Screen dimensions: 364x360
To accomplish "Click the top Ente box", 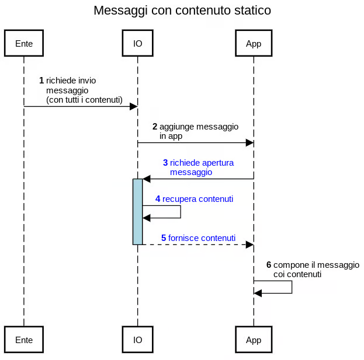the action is [x=24, y=43].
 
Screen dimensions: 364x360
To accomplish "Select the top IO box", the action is [x=138, y=43].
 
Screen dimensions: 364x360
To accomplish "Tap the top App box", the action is [x=254, y=43].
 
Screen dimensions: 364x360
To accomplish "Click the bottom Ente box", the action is [x=24, y=340].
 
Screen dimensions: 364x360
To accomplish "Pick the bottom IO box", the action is [x=138, y=340].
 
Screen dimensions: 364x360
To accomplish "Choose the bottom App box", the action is [x=254, y=340].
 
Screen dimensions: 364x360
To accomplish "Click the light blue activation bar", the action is [x=138, y=212].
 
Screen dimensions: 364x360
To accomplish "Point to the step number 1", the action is [x=41, y=81].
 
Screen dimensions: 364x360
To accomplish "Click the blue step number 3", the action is [x=165, y=163].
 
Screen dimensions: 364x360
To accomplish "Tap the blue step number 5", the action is [x=164, y=238].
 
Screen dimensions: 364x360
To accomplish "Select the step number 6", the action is [x=269, y=265].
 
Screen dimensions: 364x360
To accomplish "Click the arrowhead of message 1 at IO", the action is [x=134, y=107].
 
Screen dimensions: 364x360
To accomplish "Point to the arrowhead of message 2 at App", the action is [x=250, y=143].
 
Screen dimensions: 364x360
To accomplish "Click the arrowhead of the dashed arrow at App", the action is [x=250, y=244].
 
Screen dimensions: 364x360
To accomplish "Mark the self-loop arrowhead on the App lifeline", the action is [x=258, y=293].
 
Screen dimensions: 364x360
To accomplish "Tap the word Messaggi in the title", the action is [x=121, y=11].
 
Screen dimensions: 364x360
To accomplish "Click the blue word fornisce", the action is [x=183, y=238].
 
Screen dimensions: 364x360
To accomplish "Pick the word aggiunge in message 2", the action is [x=176, y=127].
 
